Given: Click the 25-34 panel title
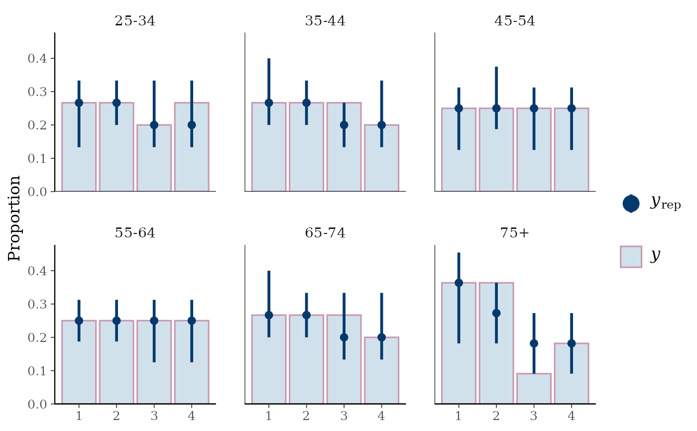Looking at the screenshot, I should click(x=135, y=21).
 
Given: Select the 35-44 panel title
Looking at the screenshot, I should click(x=325, y=21).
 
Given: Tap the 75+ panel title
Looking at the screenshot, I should click(x=515, y=233).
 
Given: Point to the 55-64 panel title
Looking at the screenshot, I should click(x=135, y=233).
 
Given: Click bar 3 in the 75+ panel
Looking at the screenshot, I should click(x=534, y=389).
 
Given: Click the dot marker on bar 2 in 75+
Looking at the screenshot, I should click(x=496, y=313).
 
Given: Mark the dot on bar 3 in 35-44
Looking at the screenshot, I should click(x=344, y=125).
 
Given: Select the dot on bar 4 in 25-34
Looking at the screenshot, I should click(x=192, y=125).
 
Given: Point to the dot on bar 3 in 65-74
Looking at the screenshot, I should click(x=344, y=337).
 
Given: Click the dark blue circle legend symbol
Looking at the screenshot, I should click(x=631, y=204).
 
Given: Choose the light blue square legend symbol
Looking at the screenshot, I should click(x=631, y=257).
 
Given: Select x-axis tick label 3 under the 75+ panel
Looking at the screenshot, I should click(x=534, y=416).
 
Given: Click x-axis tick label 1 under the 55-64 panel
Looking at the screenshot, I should click(x=79, y=416).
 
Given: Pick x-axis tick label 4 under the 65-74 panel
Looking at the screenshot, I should click(x=381, y=416).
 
